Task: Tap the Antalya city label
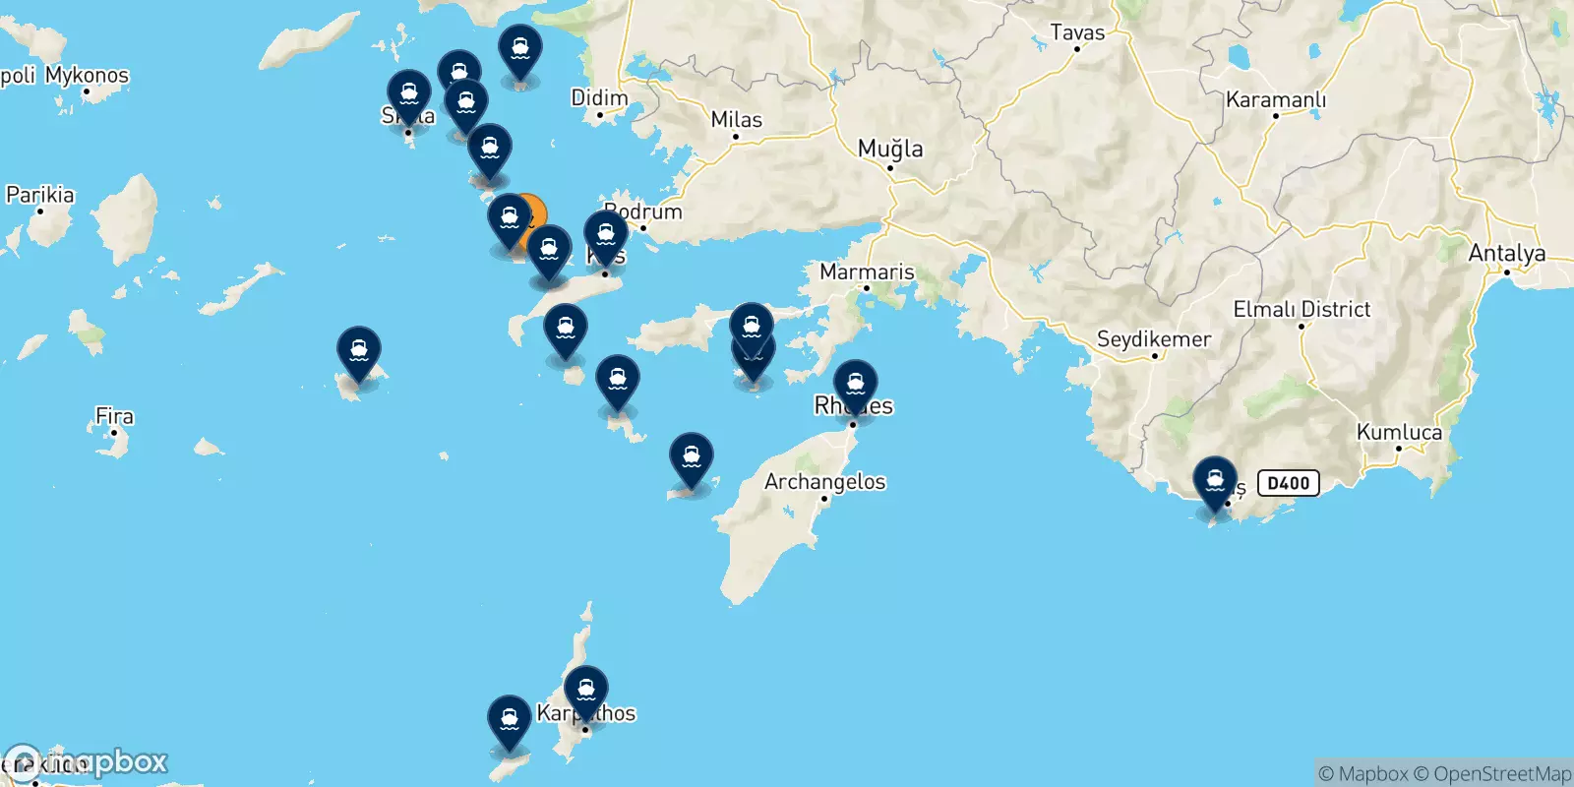click(x=1506, y=253)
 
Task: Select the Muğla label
click(x=890, y=149)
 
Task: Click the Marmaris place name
click(x=867, y=272)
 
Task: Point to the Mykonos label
click(x=87, y=75)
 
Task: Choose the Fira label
click(x=114, y=416)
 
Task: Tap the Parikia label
click(x=40, y=195)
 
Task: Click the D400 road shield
click(x=1288, y=483)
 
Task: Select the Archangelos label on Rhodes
click(x=824, y=481)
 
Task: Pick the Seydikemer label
click(x=1153, y=339)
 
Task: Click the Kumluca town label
click(x=1399, y=432)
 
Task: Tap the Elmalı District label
click(x=1302, y=309)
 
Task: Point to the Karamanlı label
click(x=1275, y=99)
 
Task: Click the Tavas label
click(x=1077, y=32)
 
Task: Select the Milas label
click(x=736, y=119)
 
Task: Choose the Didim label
click(x=599, y=97)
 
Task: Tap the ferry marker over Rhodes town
click(x=855, y=384)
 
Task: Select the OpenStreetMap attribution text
click(x=1502, y=774)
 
